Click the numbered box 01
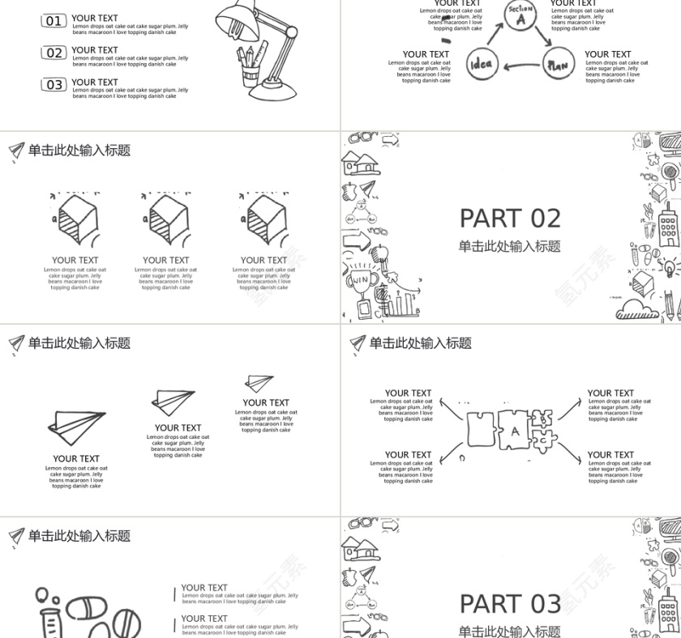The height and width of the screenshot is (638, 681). pos(54,21)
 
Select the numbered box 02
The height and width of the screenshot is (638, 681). pos(54,53)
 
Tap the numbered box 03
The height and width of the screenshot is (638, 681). pos(54,85)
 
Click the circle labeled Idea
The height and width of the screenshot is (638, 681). pos(481,65)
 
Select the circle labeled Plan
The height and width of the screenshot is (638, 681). pos(557,65)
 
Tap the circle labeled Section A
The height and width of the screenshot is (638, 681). pos(520,15)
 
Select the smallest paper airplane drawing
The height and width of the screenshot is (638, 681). pos(259,383)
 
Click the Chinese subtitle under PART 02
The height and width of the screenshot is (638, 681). pos(509,246)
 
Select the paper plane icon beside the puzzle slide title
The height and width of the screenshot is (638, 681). pos(358,344)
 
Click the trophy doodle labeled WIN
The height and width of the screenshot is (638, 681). pos(360,276)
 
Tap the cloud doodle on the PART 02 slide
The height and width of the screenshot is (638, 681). pos(637,309)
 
